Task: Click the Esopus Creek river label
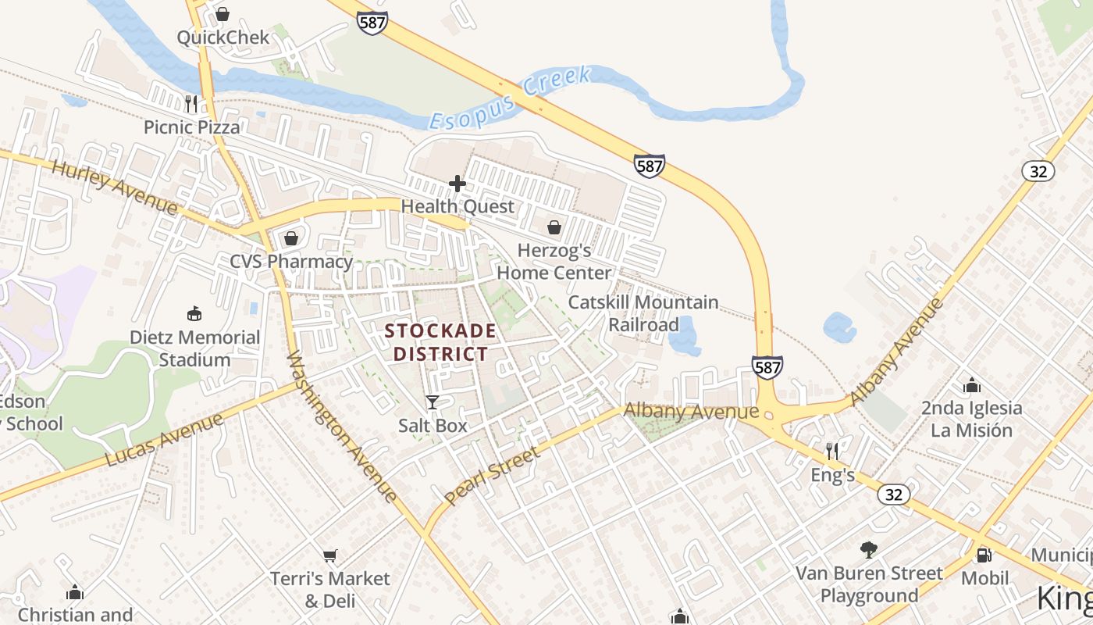511,98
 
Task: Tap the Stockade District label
440,342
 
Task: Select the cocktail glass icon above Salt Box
432,402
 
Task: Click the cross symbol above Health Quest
457,184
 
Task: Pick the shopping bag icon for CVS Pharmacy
291,237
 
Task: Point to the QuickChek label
223,37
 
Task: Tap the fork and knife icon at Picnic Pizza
191,103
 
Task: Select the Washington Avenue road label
341,427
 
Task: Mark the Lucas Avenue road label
163,440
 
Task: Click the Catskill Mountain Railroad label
643,313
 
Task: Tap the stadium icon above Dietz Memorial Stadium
194,314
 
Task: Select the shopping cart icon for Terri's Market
329,555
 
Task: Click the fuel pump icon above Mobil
984,555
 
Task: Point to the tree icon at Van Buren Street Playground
868,549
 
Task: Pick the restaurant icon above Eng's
832,451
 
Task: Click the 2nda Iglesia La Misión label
971,419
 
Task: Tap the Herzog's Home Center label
554,262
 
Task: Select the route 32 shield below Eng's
893,495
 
